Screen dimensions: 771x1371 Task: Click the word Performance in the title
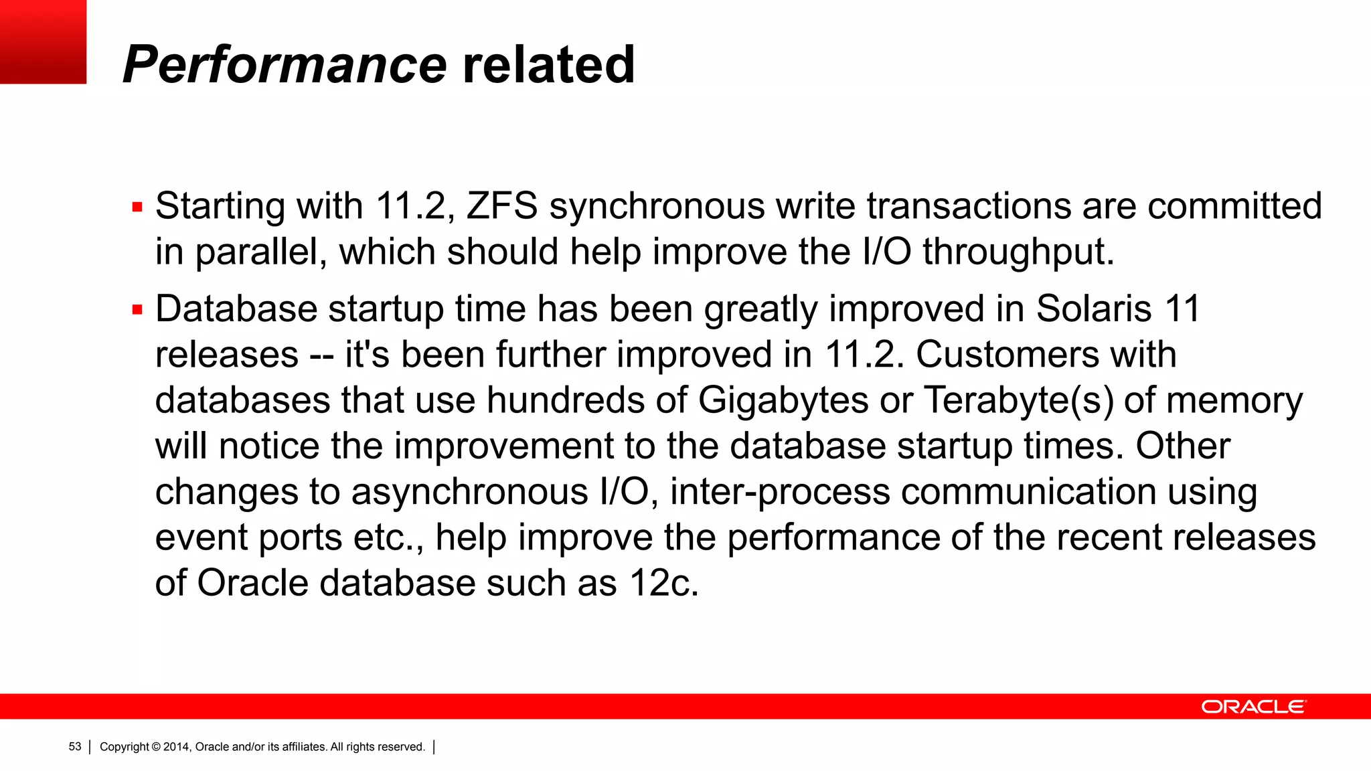click(x=285, y=65)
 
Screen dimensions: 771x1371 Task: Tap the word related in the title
click(x=548, y=65)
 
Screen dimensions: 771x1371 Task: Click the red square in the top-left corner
click(x=43, y=41)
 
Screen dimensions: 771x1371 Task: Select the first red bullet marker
click(x=138, y=207)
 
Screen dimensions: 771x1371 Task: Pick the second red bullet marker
click(x=138, y=310)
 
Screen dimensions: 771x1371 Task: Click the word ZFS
click(x=502, y=205)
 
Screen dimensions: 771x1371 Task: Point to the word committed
click(x=1234, y=205)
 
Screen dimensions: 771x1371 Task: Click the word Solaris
click(x=1094, y=309)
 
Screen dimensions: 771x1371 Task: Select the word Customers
click(x=1007, y=355)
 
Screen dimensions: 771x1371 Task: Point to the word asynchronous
click(x=470, y=493)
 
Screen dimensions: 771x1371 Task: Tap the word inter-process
click(x=780, y=493)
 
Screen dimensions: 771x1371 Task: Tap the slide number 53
click(x=75, y=747)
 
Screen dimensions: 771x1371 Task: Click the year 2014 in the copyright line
click(x=177, y=747)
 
